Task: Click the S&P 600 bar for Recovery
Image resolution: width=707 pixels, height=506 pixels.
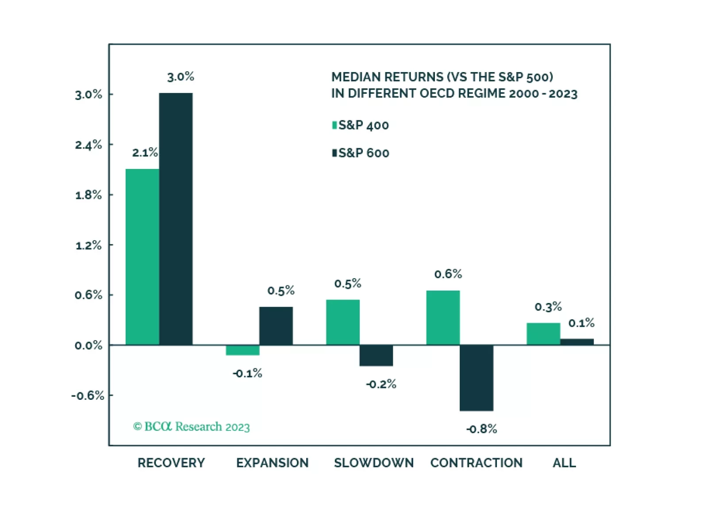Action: tap(176, 219)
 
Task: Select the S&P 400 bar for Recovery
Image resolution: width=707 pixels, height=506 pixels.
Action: tap(142, 257)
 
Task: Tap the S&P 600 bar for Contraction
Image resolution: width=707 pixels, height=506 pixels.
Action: tap(476, 378)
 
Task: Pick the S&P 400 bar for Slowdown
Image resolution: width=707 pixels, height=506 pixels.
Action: tap(342, 322)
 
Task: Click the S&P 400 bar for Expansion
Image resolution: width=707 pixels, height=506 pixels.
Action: tap(242, 350)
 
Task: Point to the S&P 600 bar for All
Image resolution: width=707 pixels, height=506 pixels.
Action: tap(576, 342)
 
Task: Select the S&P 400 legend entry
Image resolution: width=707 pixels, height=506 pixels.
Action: tap(361, 126)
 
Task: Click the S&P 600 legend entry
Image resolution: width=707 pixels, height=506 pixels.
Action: tap(361, 153)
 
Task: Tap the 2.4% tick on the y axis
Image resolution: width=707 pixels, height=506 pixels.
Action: tap(88, 145)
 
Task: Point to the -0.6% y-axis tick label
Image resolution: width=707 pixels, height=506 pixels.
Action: tap(88, 395)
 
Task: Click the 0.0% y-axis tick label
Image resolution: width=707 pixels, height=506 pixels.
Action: tap(88, 345)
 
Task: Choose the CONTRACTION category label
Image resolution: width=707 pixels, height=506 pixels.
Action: tap(476, 463)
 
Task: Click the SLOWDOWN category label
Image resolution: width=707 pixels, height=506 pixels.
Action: tap(374, 463)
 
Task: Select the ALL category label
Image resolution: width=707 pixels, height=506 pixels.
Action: tap(564, 463)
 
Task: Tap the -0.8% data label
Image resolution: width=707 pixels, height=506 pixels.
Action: tap(481, 429)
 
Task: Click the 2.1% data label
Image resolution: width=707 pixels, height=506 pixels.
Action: tap(145, 153)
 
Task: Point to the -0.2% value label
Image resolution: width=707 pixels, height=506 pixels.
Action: tap(381, 384)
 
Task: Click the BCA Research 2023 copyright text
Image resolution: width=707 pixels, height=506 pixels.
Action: tap(192, 427)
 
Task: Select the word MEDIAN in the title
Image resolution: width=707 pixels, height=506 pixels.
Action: tap(356, 77)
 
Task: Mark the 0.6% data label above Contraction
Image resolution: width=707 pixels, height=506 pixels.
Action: tap(448, 274)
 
